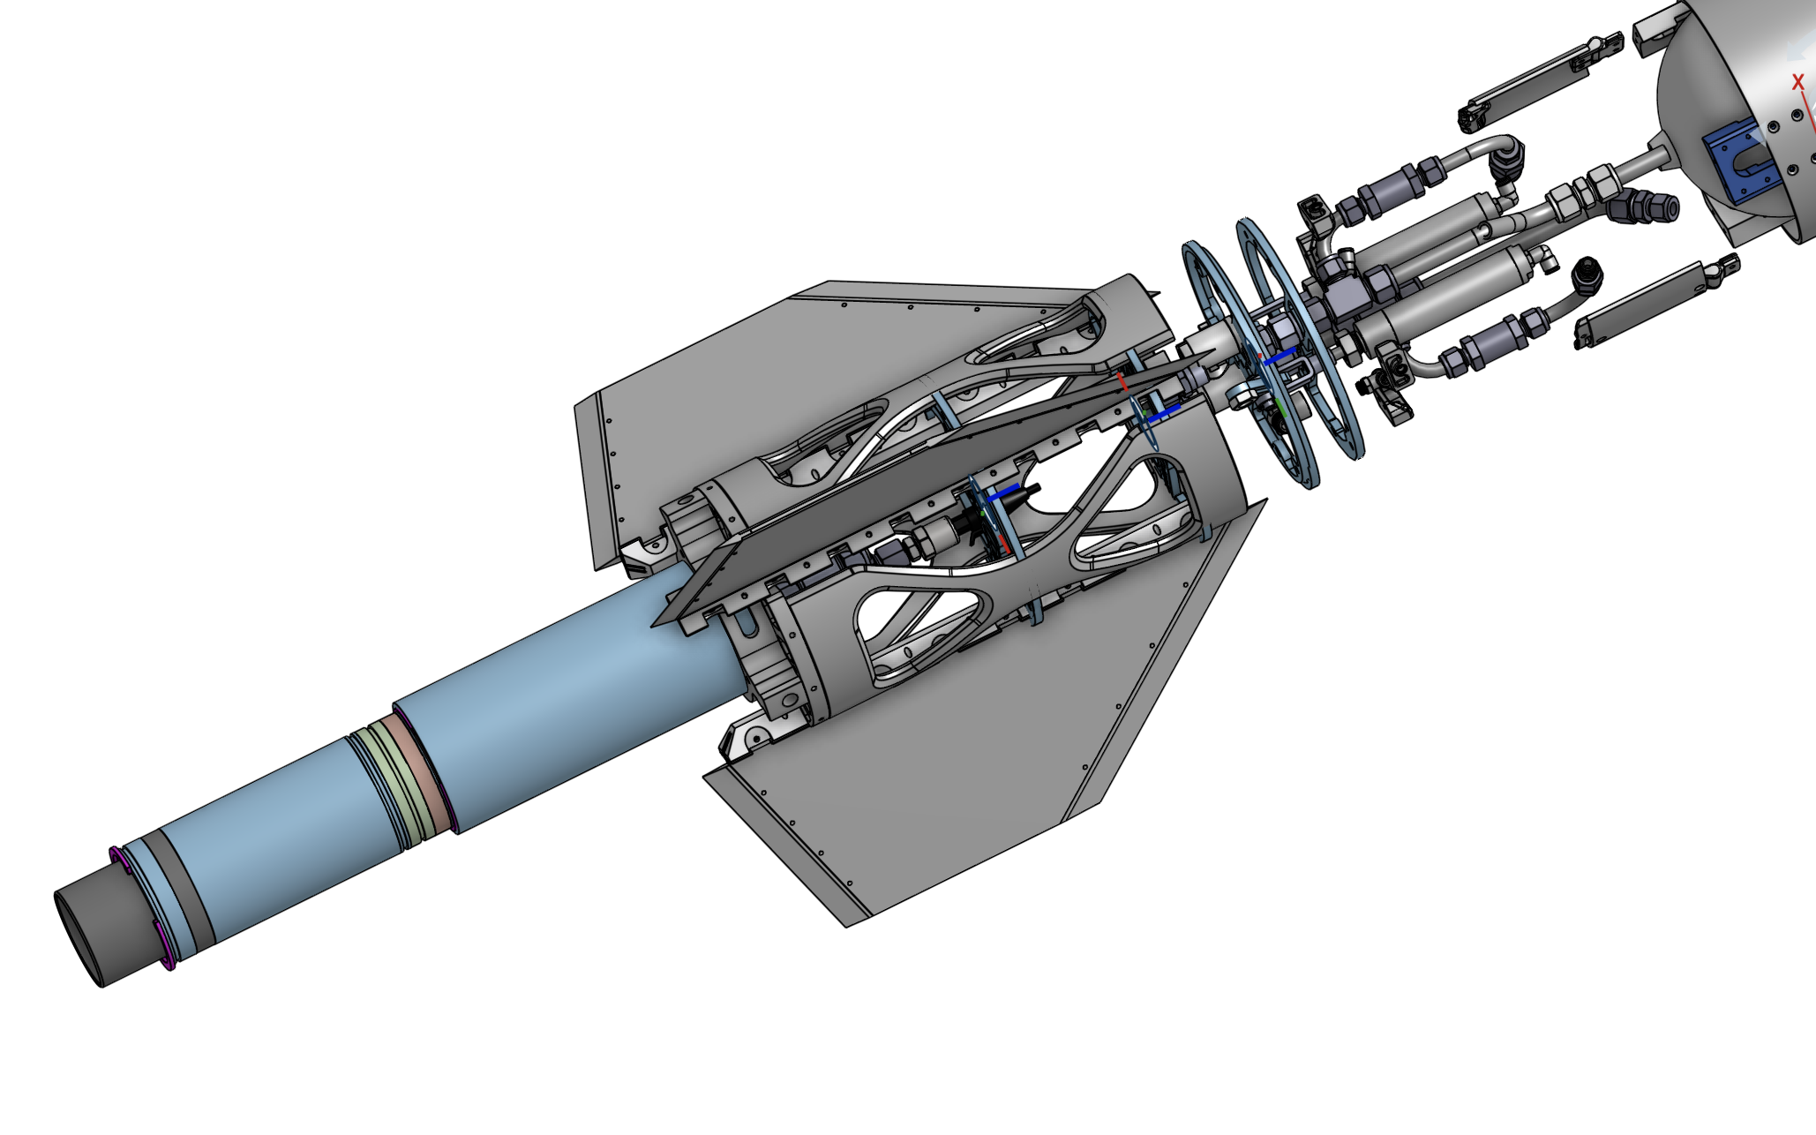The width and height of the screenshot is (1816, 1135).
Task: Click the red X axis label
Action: (x=1797, y=83)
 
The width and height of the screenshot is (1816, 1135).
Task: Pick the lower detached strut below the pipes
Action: (x=1650, y=301)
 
